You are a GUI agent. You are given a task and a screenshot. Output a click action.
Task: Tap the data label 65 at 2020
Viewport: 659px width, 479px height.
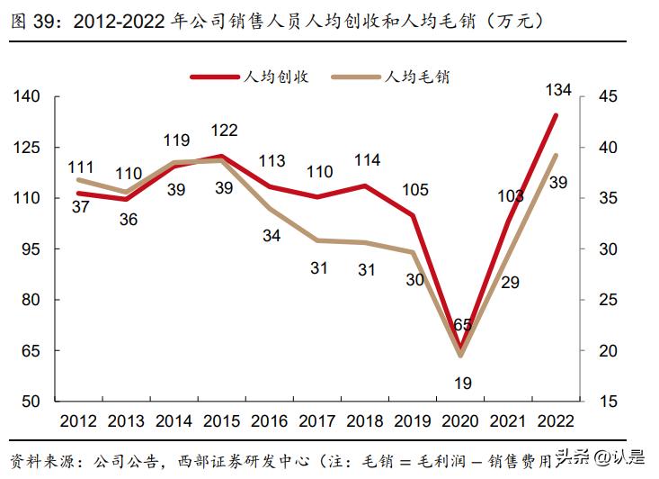[462, 325]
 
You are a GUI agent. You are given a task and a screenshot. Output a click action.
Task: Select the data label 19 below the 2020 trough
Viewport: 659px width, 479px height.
[462, 383]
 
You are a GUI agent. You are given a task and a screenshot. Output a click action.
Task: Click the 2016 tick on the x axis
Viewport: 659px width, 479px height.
[271, 421]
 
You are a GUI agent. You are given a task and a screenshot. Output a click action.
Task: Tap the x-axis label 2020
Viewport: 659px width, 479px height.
[460, 421]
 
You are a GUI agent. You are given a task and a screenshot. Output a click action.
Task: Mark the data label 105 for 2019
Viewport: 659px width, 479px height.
[414, 189]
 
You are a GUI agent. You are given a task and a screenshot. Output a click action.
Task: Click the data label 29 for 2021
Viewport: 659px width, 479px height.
[510, 282]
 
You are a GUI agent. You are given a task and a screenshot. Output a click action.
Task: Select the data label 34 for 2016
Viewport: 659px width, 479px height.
[272, 236]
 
